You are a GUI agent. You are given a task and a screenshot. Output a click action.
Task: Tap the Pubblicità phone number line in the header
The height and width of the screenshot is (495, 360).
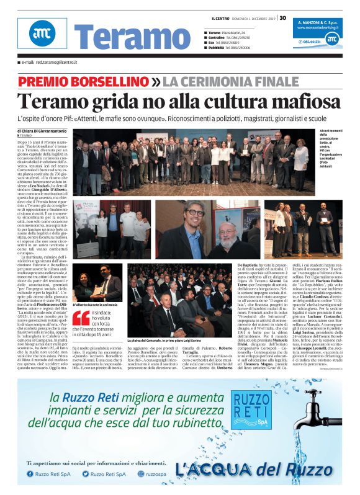coord(230,47)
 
